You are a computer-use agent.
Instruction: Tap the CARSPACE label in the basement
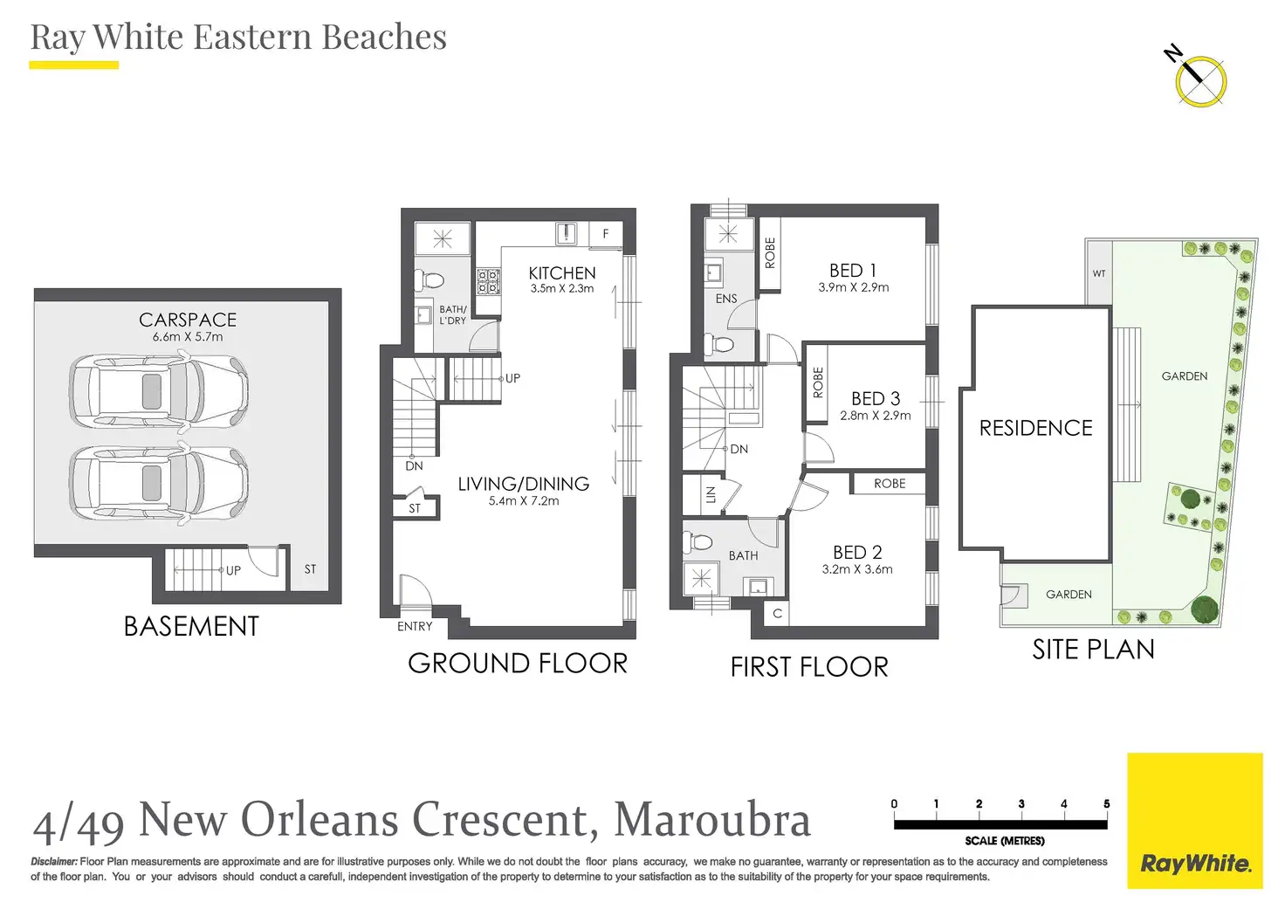click(188, 320)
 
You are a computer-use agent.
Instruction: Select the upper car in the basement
click(159, 391)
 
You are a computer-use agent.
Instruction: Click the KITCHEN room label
click(562, 273)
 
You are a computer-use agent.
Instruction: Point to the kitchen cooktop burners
click(488, 282)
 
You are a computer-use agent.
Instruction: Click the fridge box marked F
click(605, 234)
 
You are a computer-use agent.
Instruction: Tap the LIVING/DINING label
click(523, 484)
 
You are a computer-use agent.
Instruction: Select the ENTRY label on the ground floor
click(414, 626)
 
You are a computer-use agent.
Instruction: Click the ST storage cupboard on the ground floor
click(415, 508)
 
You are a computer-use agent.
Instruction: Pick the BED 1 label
click(853, 271)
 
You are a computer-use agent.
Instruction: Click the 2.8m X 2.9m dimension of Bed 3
click(876, 416)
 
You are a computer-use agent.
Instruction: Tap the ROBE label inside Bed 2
click(890, 484)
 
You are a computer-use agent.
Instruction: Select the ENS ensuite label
click(726, 299)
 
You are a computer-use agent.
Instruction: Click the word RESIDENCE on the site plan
click(1035, 428)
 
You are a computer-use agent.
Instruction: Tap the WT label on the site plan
click(1098, 273)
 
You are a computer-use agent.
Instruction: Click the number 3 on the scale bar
click(1021, 804)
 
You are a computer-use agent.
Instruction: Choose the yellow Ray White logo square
click(1195, 821)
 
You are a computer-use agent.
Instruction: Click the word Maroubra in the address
click(712, 819)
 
